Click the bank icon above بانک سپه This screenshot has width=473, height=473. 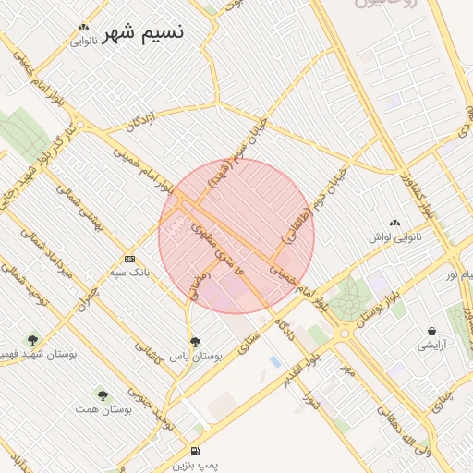tap(129, 259)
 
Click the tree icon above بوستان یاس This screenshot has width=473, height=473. tap(194, 341)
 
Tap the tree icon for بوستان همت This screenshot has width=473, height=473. tap(103, 394)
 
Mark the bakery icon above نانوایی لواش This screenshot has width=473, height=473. tap(395, 223)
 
